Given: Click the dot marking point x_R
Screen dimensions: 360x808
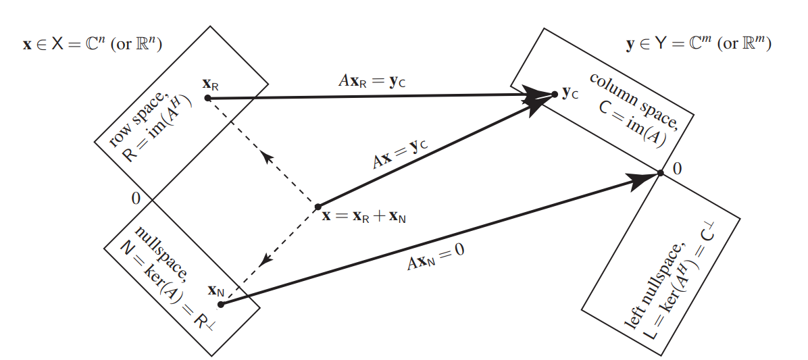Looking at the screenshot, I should (207, 99).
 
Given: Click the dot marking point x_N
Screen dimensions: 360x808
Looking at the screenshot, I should (221, 304).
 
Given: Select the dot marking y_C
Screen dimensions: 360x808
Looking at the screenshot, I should (555, 93).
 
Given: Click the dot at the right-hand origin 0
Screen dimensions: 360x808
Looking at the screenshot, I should (660, 173).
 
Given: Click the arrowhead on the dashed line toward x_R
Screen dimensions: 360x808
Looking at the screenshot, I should (268, 157).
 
